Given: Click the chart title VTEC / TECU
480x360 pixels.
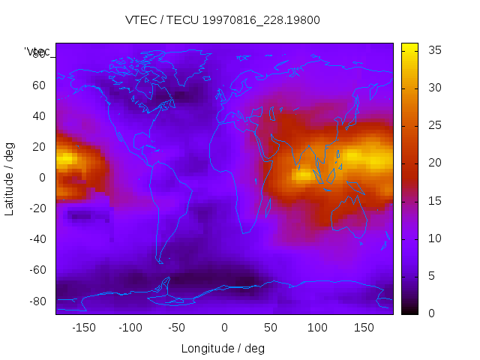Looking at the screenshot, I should point(223,20).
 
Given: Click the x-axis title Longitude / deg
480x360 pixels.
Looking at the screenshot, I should point(223,348).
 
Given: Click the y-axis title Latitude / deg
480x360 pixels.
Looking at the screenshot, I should point(10,178).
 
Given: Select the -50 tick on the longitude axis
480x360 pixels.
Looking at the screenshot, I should point(177,328).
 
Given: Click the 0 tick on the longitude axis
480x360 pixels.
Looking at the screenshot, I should point(223,328).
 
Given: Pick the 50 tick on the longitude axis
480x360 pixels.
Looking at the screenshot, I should point(270,328).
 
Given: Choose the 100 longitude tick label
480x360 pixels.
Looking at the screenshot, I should point(316,328).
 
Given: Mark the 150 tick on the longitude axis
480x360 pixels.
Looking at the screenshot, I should point(364,328).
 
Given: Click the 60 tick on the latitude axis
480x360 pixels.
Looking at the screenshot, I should point(39,85).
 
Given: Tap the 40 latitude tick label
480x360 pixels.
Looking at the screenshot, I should point(39,116).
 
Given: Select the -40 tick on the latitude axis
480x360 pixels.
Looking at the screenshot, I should point(37,239).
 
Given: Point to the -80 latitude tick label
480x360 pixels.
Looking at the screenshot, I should point(37,301).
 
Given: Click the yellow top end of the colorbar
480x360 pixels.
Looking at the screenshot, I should point(409,46).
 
